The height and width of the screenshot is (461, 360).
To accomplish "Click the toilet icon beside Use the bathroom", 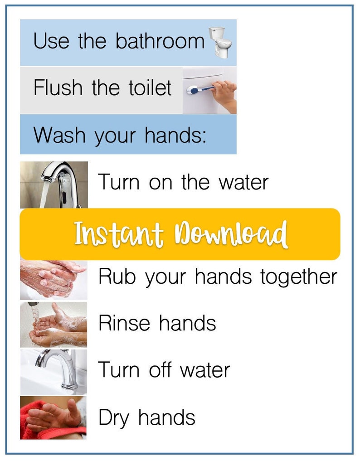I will point(220,43).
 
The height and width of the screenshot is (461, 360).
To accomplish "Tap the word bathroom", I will point(160,41).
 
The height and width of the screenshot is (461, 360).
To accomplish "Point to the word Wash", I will point(60,135).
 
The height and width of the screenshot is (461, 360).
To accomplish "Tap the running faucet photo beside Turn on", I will point(54,184).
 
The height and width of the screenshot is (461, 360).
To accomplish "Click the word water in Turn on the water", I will point(243,183).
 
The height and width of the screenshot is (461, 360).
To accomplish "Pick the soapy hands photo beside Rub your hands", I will point(54,279).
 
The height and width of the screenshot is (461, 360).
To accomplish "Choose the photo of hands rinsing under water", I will point(54,325).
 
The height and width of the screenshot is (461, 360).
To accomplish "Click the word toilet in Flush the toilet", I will point(149,87).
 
